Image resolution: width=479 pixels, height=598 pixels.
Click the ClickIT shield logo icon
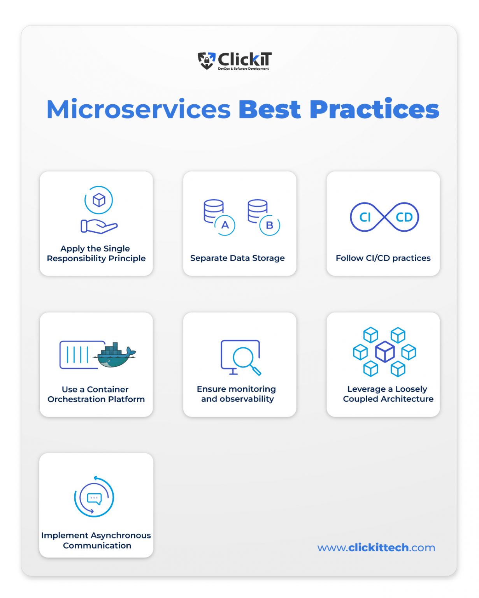coord(206,60)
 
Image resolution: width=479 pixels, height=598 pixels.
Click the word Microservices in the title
coord(139,109)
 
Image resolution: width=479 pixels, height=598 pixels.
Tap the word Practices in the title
coord(374,109)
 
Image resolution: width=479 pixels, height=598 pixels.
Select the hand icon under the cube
coord(99,226)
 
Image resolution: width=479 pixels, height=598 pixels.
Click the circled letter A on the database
coord(225,225)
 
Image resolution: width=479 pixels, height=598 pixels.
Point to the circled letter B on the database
coord(269,225)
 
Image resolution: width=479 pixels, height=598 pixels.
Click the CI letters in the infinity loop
coord(365,217)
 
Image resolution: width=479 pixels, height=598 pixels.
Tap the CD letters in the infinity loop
coord(404,217)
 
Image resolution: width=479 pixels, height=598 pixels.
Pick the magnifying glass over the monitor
coord(246,359)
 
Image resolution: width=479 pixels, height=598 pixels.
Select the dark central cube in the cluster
coord(384,351)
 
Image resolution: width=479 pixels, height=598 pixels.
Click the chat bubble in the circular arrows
coord(94,498)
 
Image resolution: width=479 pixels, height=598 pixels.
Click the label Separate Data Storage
coord(237,258)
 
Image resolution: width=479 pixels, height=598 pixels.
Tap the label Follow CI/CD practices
coord(383,258)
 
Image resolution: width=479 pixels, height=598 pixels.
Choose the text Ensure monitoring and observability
coord(237,394)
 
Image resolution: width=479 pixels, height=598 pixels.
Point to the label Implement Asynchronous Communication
coord(96,540)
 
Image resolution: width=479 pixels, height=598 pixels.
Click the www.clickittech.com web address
coord(376,547)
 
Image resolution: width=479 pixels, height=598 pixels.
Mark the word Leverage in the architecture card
coord(366,389)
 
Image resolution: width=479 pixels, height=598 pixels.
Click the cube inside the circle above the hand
coord(99,200)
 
